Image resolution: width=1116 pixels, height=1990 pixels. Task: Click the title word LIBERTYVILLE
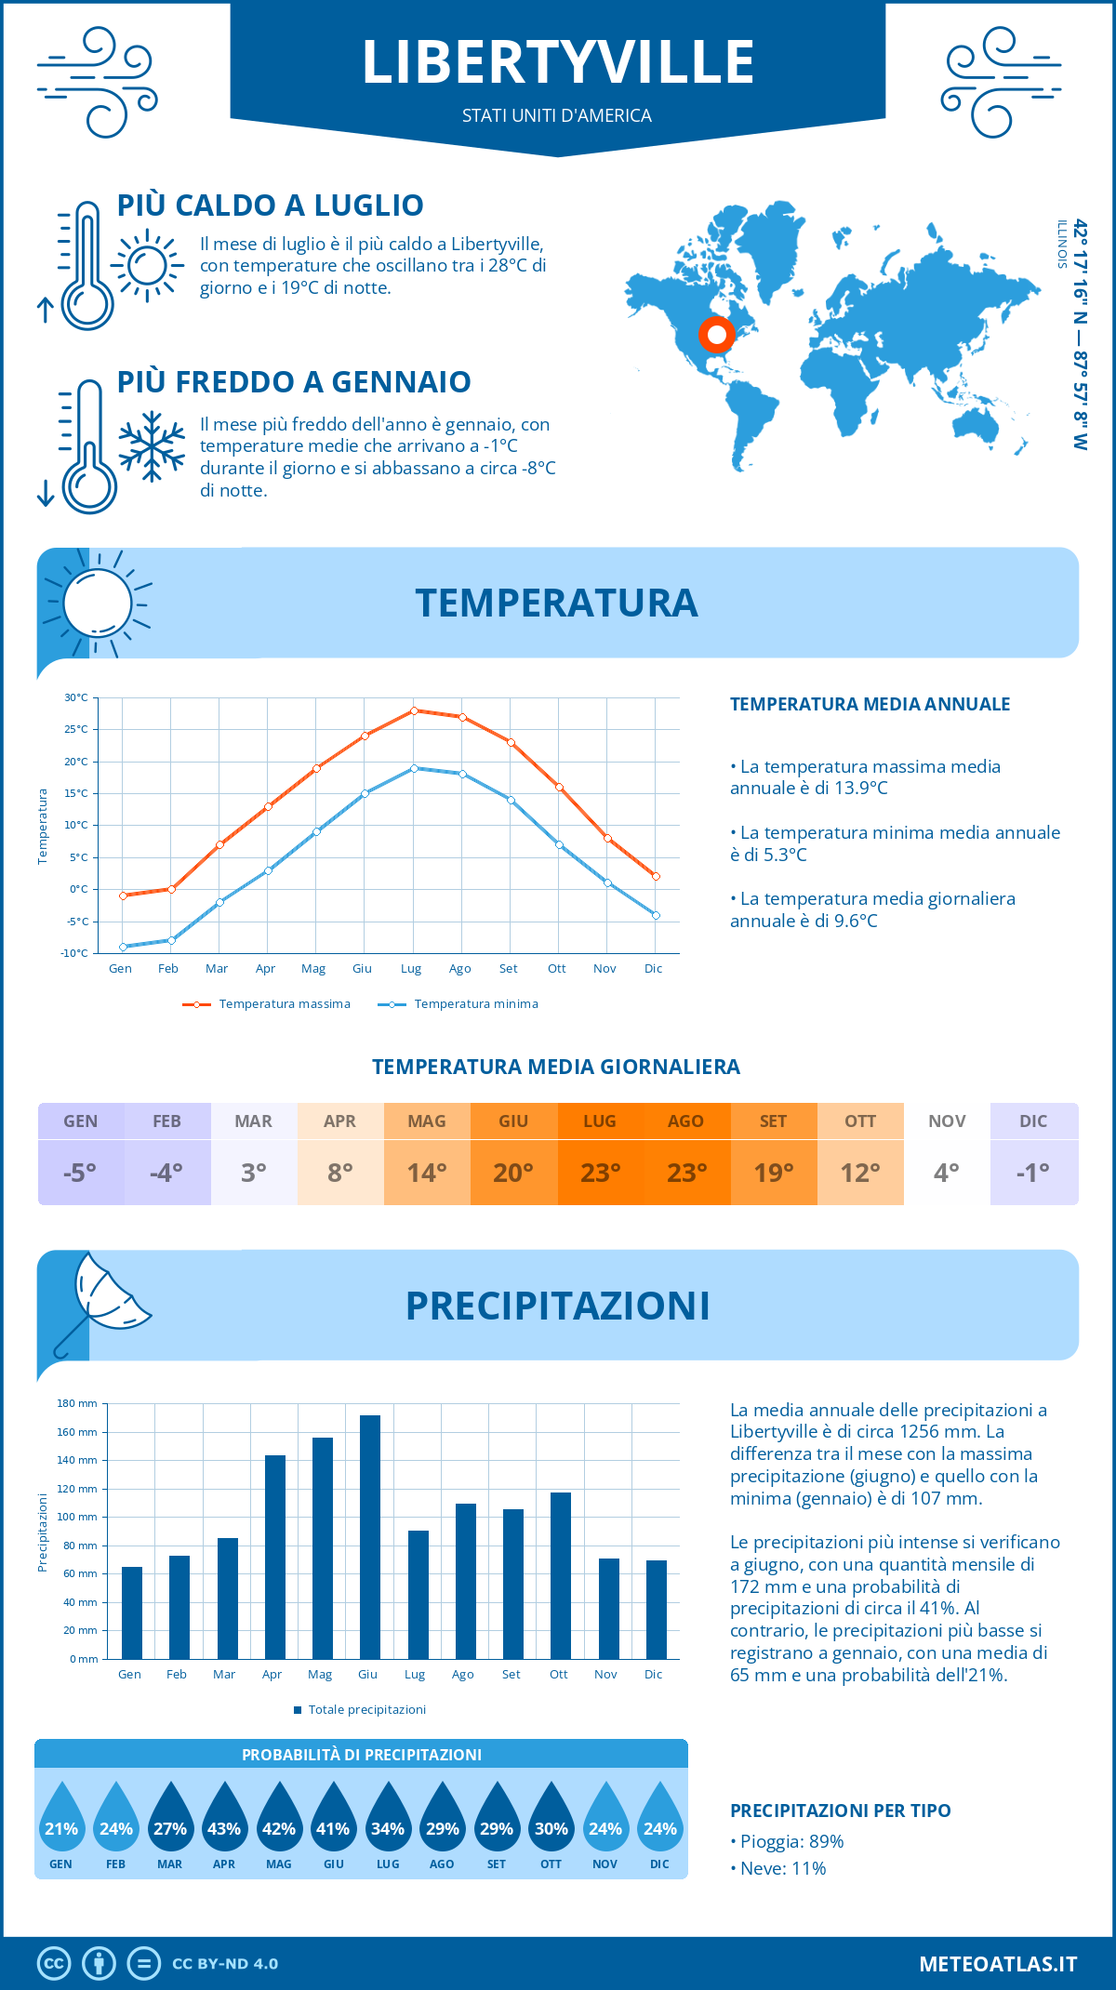(557, 62)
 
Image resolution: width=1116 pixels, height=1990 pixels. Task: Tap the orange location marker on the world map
(716, 334)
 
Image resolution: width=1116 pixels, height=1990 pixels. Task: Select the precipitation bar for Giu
(369, 1536)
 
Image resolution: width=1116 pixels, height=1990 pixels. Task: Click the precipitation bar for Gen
(132, 1612)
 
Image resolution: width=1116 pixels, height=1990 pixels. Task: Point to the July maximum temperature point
(414, 710)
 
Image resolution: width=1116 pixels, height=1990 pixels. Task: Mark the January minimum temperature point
(123, 947)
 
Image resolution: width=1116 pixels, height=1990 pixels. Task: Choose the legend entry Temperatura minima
(475, 1004)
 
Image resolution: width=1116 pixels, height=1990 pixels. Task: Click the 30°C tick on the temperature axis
(76, 697)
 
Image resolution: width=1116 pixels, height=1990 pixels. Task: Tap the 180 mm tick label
(77, 1403)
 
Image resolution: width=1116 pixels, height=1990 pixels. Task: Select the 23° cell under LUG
(600, 1173)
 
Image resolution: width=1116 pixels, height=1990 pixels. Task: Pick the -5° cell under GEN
(80, 1173)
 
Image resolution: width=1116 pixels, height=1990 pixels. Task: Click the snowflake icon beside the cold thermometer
(152, 446)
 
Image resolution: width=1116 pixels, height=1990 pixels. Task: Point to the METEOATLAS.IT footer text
(998, 1964)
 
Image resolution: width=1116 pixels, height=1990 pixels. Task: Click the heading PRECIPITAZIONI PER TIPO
(840, 1811)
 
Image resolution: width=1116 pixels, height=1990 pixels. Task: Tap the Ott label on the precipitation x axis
(558, 1674)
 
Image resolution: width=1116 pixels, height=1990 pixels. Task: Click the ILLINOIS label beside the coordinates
(1061, 245)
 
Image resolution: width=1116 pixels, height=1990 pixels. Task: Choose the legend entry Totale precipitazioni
(366, 1709)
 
